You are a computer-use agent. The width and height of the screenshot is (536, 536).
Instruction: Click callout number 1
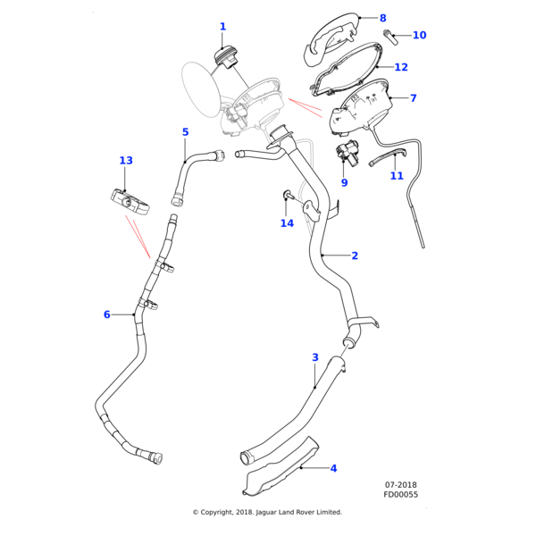(x=222, y=27)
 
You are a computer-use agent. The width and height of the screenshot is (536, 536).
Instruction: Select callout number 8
(x=383, y=18)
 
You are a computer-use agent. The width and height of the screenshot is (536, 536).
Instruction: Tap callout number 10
(x=419, y=36)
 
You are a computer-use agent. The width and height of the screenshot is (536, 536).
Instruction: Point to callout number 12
(x=401, y=67)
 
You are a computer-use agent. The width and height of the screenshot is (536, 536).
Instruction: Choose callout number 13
(x=126, y=161)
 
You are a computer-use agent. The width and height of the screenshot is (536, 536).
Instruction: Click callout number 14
(x=287, y=223)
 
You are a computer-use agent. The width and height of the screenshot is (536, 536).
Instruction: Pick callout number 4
(x=333, y=468)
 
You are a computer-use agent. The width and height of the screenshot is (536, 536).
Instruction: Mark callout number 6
(x=106, y=314)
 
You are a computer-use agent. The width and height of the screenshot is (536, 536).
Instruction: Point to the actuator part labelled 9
(x=344, y=151)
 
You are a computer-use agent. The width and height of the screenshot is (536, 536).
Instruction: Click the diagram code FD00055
(x=401, y=494)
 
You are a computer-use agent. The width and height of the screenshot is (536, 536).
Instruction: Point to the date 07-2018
(x=401, y=485)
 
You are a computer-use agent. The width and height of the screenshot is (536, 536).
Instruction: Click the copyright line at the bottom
(x=267, y=512)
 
